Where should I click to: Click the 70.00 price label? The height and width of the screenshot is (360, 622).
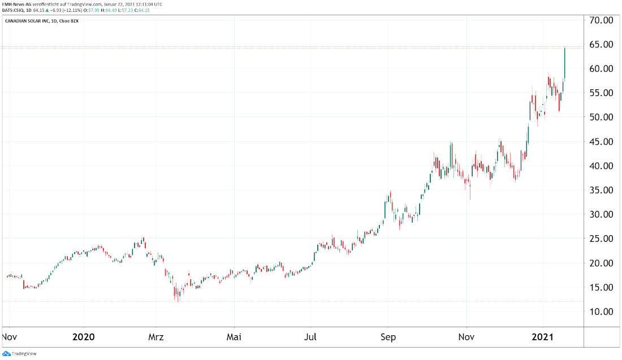[601, 20]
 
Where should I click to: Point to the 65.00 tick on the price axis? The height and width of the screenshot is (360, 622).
[601, 45]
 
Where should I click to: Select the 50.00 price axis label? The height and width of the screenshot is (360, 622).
[601, 117]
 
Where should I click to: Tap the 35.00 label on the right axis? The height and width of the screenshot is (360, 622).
[601, 190]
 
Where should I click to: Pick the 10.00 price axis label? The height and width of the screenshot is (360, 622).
[601, 311]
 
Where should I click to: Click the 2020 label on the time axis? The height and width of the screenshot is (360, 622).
[83, 337]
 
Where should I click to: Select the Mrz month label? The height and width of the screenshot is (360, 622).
[156, 337]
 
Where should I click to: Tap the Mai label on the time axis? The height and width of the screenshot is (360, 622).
[234, 337]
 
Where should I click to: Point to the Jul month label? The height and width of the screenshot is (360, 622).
[311, 337]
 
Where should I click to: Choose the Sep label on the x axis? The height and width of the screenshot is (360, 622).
[388, 337]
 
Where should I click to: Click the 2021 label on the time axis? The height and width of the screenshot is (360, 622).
[543, 337]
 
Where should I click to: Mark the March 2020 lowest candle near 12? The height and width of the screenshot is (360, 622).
[178, 294]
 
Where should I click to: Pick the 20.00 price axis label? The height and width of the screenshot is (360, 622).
[601, 263]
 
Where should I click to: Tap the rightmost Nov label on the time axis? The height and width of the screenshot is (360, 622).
[466, 337]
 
